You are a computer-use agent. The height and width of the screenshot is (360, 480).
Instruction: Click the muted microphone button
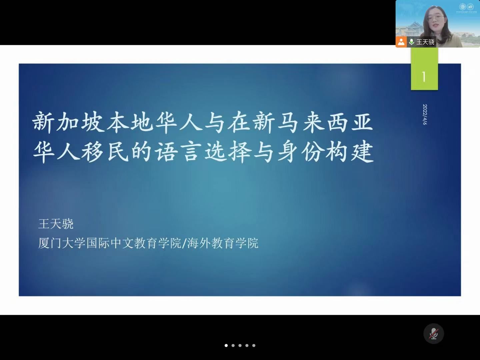[x=433, y=334]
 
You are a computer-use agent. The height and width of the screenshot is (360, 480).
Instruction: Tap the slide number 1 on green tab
[x=424, y=77]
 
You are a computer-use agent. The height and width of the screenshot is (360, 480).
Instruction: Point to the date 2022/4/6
[x=425, y=115]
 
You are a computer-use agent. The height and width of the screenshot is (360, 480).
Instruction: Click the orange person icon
[x=401, y=42]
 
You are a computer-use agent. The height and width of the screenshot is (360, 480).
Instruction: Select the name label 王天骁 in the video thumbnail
[x=425, y=42]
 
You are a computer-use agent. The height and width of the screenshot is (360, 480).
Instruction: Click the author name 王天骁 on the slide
[x=56, y=224]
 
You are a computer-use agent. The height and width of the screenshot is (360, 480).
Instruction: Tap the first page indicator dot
[x=226, y=345]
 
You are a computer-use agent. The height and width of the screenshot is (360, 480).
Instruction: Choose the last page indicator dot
[x=254, y=345]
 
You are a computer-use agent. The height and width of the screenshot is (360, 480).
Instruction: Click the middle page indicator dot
[x=240, y=345]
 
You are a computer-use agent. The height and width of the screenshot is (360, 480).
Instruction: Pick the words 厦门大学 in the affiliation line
[x=62, y=243]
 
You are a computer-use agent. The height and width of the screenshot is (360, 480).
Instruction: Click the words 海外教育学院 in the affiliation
[x=223, y=243]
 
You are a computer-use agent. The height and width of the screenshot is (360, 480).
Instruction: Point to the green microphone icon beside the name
[x=411, y=42]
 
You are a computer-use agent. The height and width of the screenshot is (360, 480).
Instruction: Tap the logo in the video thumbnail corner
[x=466, y=8]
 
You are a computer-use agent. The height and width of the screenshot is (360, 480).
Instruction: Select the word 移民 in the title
[x=105, y=151]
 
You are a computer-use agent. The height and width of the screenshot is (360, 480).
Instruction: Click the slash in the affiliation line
[x=184, y=243]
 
